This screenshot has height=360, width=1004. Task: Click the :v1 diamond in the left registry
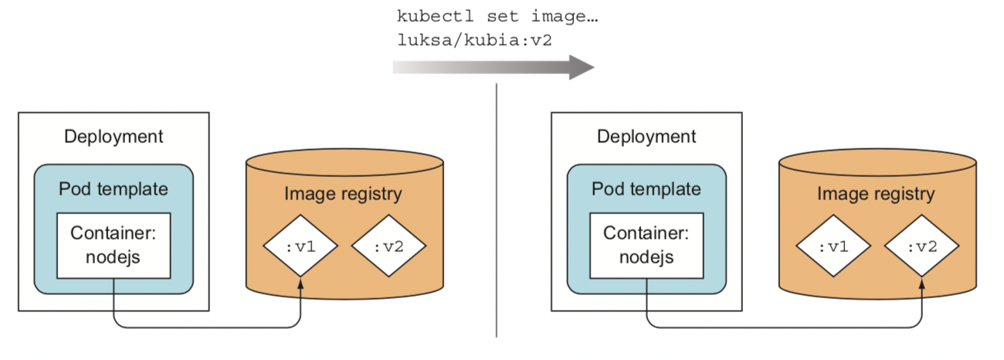coord(300,247)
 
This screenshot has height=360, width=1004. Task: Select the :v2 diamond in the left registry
coord(388,247)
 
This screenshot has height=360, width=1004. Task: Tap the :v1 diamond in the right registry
coord(833,247)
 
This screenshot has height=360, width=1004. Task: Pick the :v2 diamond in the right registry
coord(921,247)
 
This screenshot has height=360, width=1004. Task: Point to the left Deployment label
coord(114,137)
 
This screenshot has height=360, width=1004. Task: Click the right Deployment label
coord(646,137)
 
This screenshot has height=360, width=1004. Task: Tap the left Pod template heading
coord(114,189)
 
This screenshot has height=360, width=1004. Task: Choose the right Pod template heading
coord(646,189)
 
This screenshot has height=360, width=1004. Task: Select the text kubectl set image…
coord(477,16)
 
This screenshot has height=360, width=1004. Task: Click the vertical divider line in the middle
coord(496,209)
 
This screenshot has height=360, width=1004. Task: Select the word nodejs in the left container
coord(114,256)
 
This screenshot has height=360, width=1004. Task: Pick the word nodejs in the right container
coord(646,256)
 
